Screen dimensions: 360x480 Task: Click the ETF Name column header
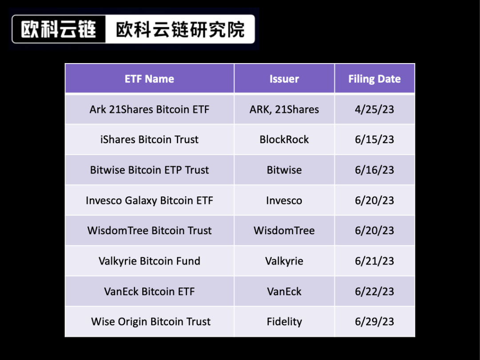tap(149, 79)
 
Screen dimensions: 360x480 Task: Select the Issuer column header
tap(284, 79)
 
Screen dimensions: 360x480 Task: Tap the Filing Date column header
tap(374, 79)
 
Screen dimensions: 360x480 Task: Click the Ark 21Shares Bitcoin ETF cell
tap(149, 109)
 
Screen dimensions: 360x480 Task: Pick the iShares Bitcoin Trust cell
tap(149, 140)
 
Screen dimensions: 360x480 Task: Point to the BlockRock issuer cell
tap(284, 140)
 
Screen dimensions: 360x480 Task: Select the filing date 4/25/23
tap(374, 109)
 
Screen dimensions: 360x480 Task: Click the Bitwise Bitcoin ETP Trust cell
tap(149, 170)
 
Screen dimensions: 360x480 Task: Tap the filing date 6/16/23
tap(374, 170)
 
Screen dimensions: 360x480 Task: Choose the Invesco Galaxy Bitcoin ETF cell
tap(149, 200)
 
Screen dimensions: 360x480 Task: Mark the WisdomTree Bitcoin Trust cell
tap(149, 231)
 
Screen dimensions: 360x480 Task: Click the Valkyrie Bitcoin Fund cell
tap(149, 261)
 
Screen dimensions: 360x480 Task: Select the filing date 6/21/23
tap(374, 261)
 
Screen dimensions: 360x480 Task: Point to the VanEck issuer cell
tap(284, 292)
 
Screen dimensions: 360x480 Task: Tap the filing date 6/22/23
tap(374, 292)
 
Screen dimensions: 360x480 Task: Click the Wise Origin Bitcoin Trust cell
tap(151, 322)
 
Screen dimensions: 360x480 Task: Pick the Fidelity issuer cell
tap(284, 322)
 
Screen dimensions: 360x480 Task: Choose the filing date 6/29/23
tap(374, 322)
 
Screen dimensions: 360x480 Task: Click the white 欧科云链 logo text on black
tap(59, 29)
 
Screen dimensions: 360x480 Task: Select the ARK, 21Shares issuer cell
tap(284, 109)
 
